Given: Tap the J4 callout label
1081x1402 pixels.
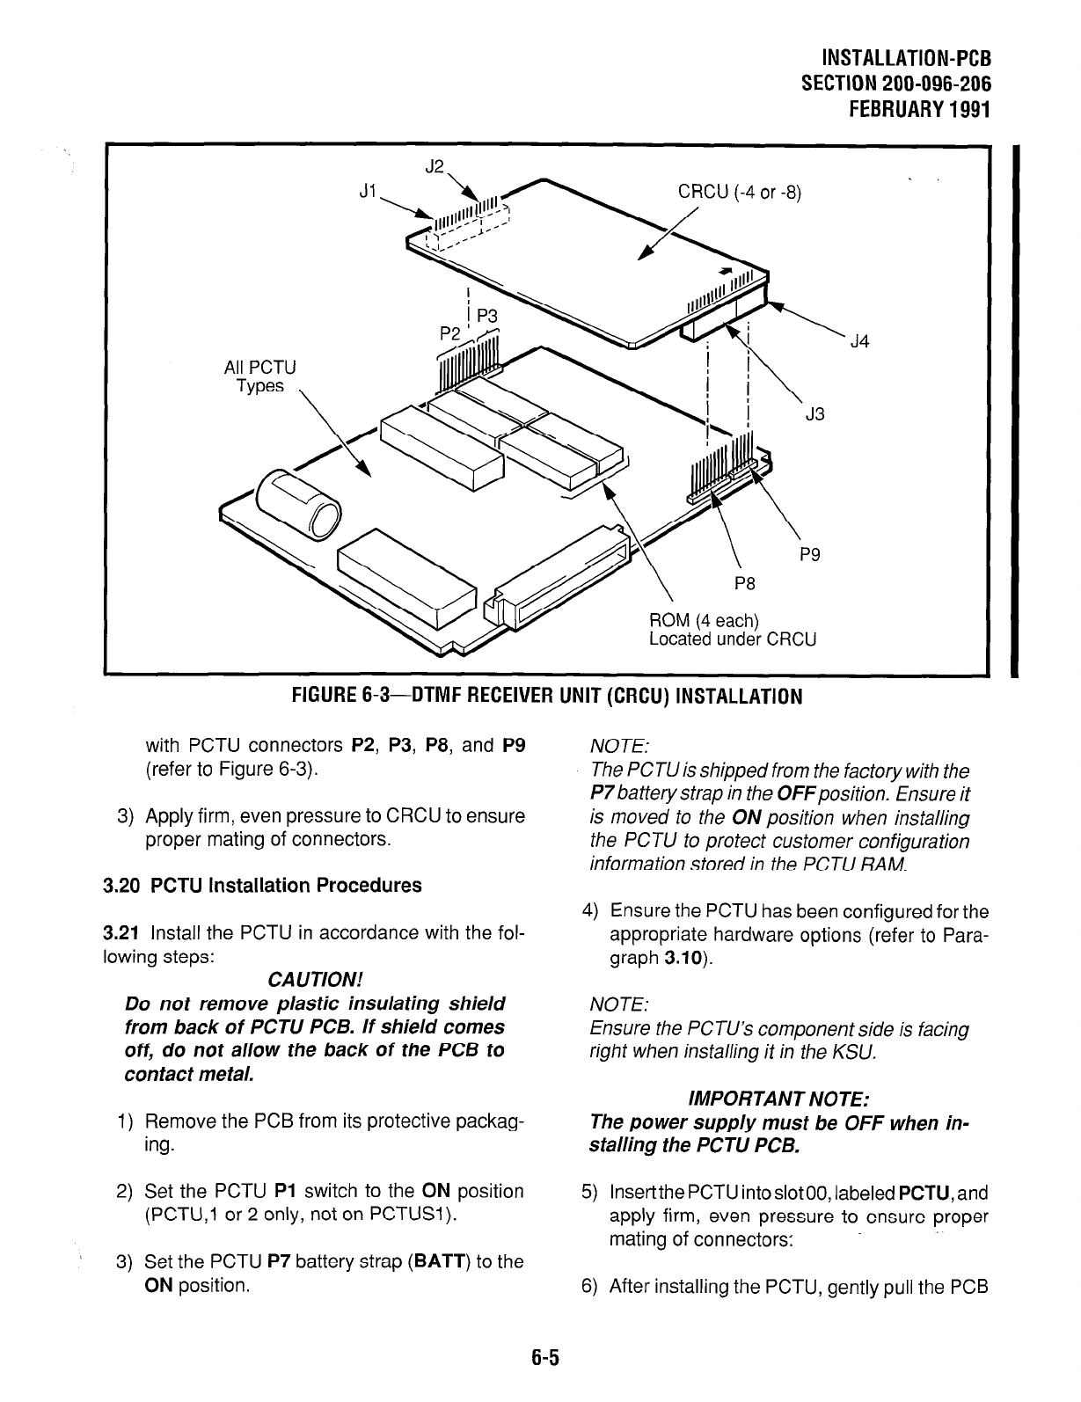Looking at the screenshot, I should click(x=859, y=342).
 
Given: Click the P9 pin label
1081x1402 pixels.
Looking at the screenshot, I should click(x=810, y=555).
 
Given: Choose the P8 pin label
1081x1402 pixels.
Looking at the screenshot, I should click(x=746, y=583).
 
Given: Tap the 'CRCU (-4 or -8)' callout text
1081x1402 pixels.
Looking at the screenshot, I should click(x=738, y=193).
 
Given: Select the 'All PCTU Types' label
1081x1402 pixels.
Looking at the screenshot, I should click(x=260, y=376).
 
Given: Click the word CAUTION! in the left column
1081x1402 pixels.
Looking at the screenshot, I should click(x=314, y=980).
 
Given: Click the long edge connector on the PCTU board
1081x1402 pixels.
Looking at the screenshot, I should click(x=559, y=578).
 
